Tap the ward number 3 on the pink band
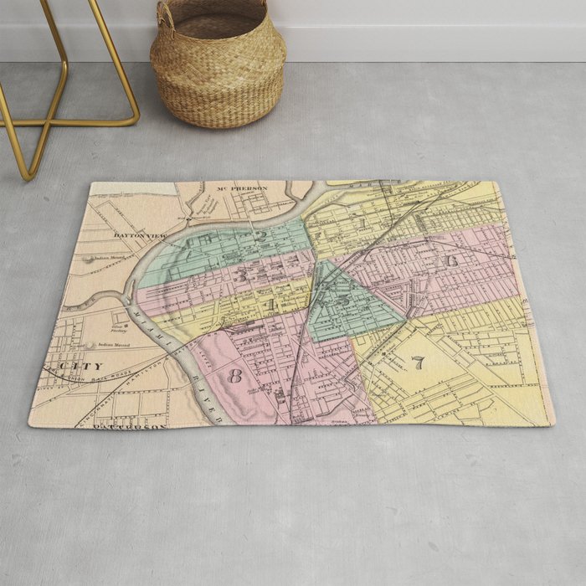coord(242,274)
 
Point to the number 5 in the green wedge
coord(344,299)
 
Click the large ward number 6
coord(452,260)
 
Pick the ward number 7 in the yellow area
coord(417,362)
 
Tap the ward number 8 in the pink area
coord(234,376)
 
